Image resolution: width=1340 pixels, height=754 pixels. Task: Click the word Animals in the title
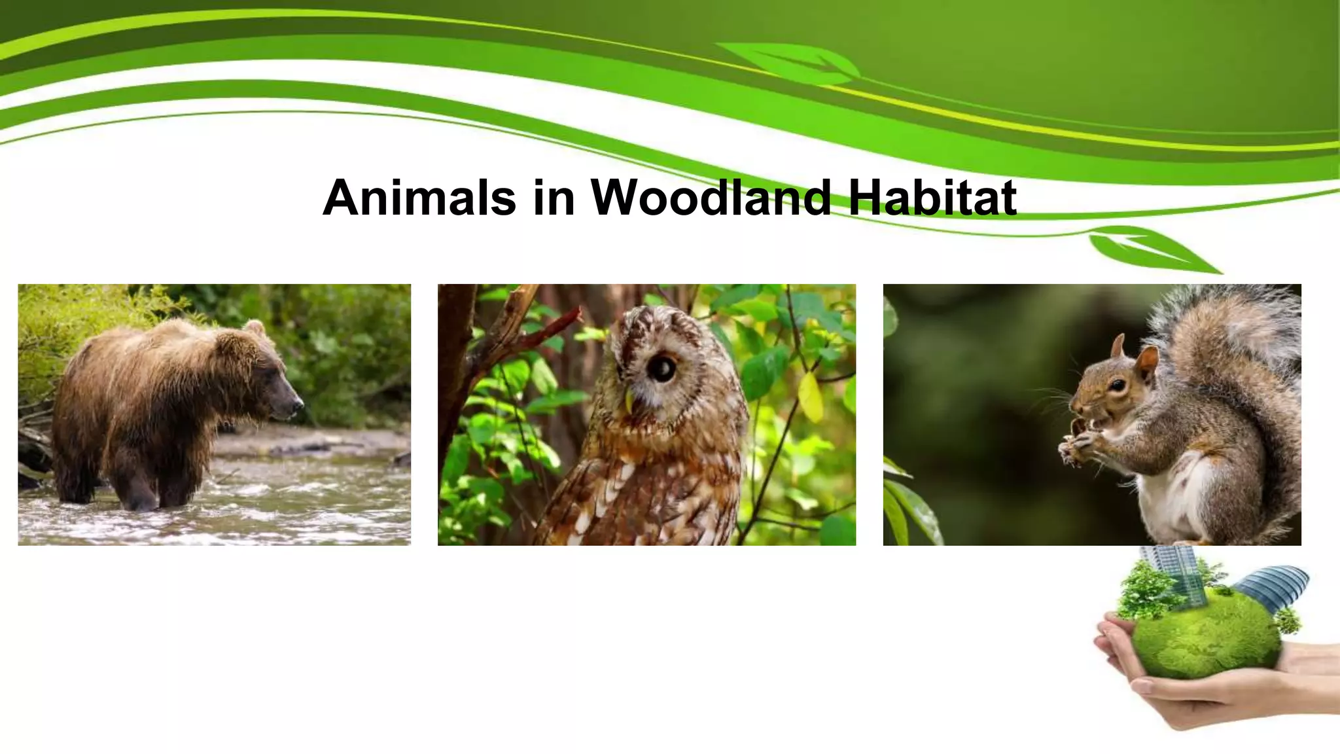tap(419, 197)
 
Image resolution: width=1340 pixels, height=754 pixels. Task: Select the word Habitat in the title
tap(932, 197)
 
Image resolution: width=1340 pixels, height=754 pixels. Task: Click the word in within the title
tap(554, 197)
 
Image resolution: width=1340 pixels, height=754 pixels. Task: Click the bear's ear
tap(253, 327)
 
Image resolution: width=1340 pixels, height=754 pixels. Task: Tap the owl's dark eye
tap(662, 368)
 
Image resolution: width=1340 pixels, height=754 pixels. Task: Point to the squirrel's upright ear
tap(1147, 361)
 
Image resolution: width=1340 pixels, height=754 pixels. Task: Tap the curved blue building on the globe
tap(1273, 586)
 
